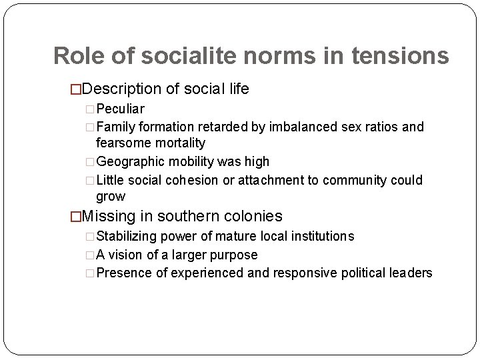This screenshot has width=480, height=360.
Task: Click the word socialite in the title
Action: (158, 56)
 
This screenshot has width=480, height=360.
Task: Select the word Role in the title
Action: (76, 56)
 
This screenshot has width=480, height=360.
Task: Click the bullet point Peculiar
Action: (121, 108)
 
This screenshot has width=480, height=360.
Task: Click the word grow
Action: (110, 197)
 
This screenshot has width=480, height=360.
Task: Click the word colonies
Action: (251, 216)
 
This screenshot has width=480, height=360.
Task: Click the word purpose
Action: (233, 254)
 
